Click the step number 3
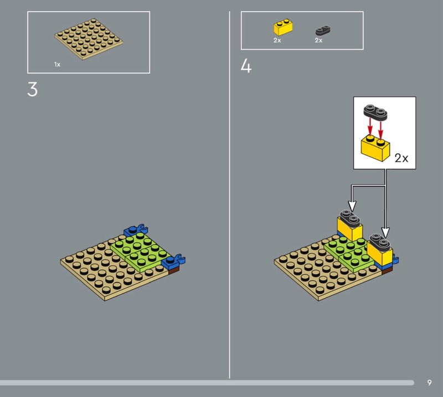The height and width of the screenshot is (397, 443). click(x=33, y=90)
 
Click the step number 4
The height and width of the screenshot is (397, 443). click(x=246, y=66)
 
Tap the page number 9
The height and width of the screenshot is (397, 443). click(x=430, y=383)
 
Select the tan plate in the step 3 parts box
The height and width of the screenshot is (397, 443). click(x=89, y=39)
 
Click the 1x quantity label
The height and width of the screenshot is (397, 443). click(x=58, y=65)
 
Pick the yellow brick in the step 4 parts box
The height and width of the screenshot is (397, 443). click(x=283, y=27)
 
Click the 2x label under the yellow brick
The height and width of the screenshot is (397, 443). click(x=277, y=40)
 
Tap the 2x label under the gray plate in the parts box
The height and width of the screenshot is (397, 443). click(x=319, y=40)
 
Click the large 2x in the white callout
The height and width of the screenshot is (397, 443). click(x=401, y=158)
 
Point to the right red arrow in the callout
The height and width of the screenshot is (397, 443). click(x=380, y=130)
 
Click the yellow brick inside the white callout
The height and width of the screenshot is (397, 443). click(x=375, y=148)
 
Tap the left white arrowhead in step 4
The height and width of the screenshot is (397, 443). click(x=352, y=206)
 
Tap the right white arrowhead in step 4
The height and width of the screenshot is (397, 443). click(x=385, y=232)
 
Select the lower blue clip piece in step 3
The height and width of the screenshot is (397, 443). click(x=173, y=262)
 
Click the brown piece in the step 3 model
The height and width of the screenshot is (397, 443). click(x=173, y=271)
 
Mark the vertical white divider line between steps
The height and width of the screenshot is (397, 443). click(x=229, y=195)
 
